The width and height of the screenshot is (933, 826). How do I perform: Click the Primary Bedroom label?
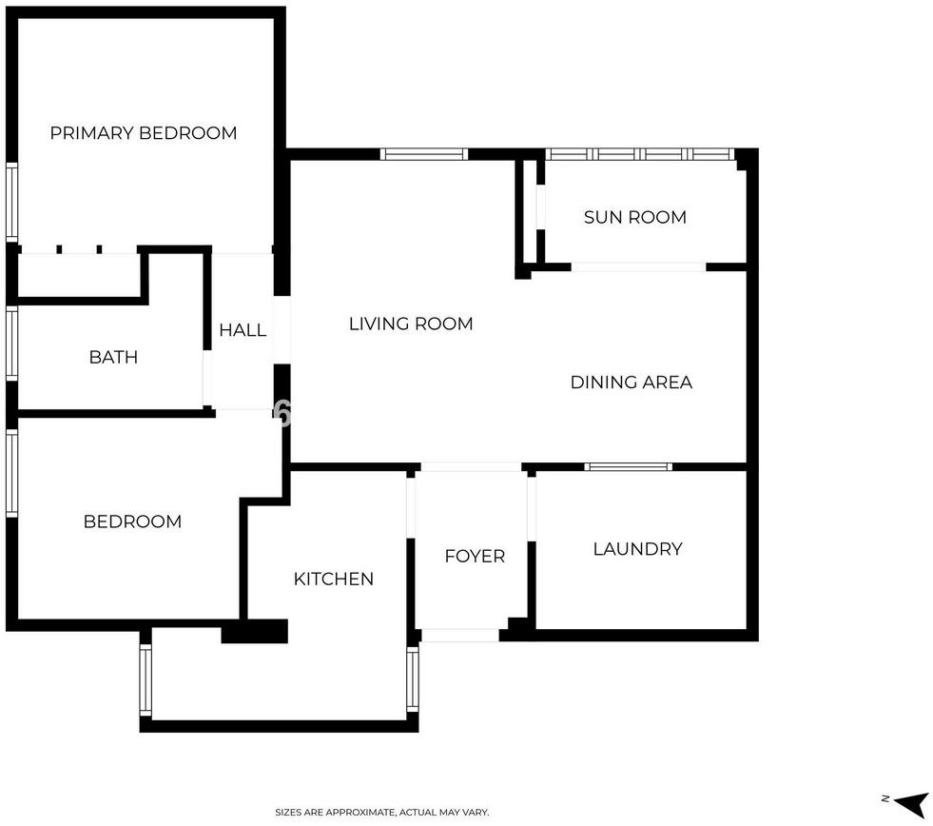click(x=144, y=133)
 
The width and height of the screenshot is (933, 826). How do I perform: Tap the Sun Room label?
click(x=635, y=217)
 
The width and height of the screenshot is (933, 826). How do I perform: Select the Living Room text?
click(x=411, y=324)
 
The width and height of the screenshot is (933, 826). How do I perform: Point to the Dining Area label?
click(x=632, y=383)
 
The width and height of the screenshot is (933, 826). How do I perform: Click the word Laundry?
click(x=637, y=548)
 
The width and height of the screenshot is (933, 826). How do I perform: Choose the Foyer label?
click(x=475, y=557)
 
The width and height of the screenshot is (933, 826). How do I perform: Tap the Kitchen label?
click(x=333, y=579)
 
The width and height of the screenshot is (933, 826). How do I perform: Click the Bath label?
click(x=113, y=357)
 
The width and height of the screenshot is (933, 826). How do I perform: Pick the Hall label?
click(x=243, y=330)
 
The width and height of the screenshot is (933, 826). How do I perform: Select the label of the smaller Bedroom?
click(x=132, y=521)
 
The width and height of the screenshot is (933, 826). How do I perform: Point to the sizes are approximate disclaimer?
click(x=381, y=813)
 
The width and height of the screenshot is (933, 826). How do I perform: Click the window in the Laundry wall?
click(x=628, y=466)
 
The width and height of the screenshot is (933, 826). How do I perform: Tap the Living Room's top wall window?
click(x=423, y=154)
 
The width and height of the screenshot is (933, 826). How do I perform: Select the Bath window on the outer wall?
click(x=12, y=343)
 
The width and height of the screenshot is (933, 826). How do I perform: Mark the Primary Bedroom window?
click(x=12, y=202)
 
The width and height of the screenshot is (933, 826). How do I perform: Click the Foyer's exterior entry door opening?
click(x=459, y=635)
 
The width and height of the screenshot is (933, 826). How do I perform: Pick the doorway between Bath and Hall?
click(x=207, y=379)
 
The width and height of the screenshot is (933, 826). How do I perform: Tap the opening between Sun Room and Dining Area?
click(x=638, y=266)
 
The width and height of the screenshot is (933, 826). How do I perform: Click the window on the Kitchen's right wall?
click(x=413, y=678)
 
